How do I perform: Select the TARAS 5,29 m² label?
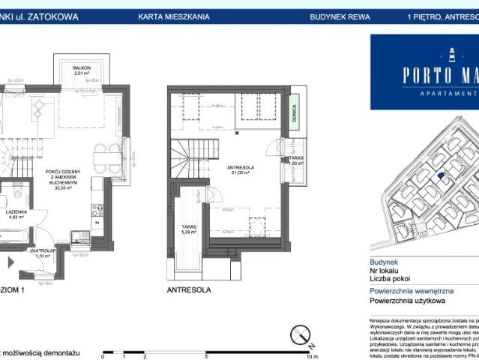[x=188, y=229]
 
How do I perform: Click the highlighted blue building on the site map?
[x=442, y=176]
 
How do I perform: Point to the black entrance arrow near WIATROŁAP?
[x=10, y=262]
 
